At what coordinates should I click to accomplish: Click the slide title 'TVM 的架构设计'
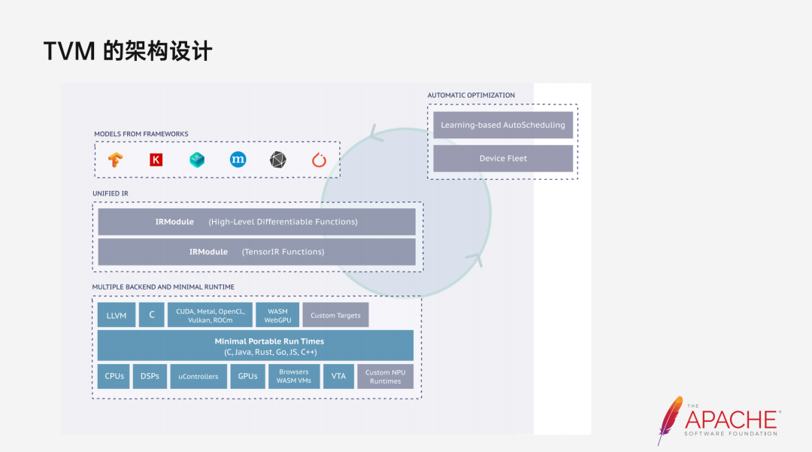pos(128,51)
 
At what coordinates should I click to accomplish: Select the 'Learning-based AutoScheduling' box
pos(503,125)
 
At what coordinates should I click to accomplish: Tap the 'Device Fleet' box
pos(503,159)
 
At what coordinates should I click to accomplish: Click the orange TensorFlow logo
pos(115,159)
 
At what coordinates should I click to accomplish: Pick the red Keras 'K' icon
pos(156,159)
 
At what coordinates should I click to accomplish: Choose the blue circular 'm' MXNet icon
pos(238,159)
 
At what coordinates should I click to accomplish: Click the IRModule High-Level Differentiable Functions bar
pos(256,222)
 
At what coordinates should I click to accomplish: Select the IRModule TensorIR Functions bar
pos(256,252)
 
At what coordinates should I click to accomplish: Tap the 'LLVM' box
pos(116,315)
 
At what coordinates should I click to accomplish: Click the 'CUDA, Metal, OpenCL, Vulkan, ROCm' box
pos(210,315)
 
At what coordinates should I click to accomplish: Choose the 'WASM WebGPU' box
pos(277,315)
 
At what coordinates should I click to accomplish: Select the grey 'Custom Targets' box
pos(335,315)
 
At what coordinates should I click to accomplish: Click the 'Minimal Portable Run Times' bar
pos(256,345)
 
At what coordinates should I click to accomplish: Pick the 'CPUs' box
pos(114,376)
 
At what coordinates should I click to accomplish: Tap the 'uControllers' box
pos(198,376)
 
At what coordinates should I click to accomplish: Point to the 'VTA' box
pos(338,376)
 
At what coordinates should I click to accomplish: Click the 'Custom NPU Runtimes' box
pos(385,376)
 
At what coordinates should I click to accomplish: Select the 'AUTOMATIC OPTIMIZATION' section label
pos(471,96)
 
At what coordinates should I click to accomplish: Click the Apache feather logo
pos(669,419)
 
